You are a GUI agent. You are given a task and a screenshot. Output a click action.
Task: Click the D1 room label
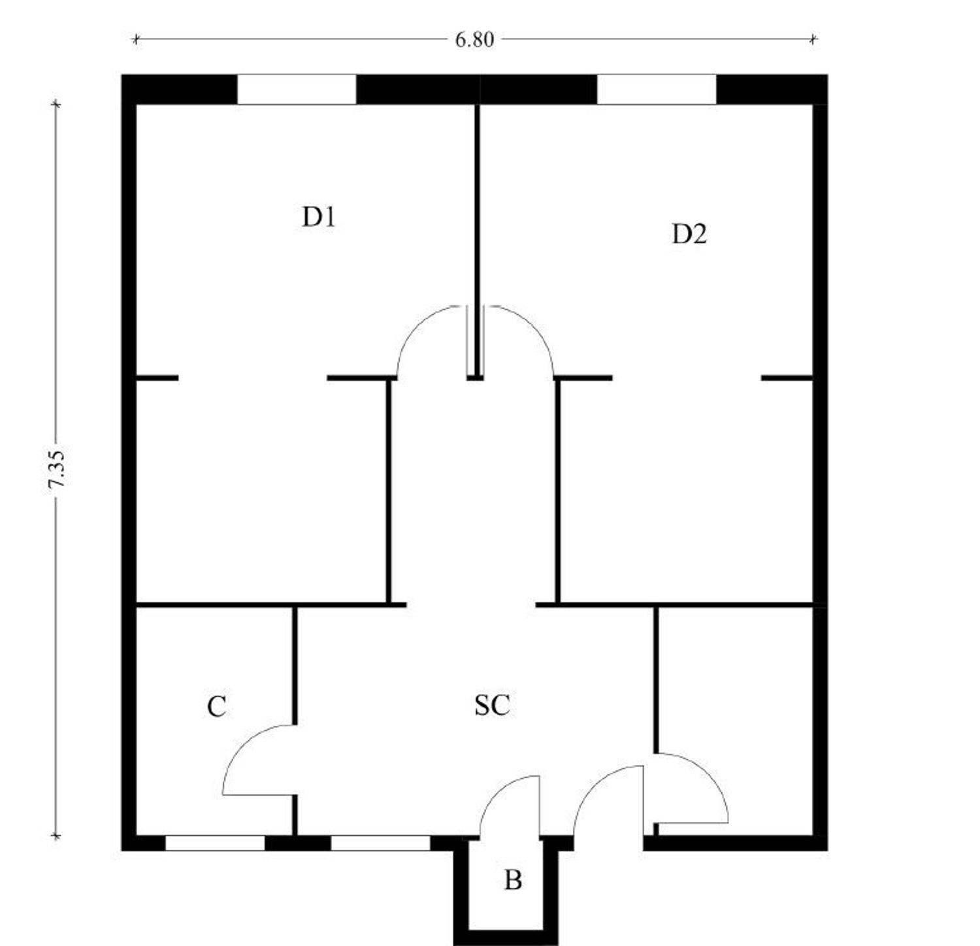point(319,217)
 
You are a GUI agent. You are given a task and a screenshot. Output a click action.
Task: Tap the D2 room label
point(689,233)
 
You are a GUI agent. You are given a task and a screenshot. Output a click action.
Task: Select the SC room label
point(492,705)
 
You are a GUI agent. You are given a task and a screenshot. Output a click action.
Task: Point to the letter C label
point(216,707)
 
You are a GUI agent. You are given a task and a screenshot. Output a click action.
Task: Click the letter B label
point(513,880)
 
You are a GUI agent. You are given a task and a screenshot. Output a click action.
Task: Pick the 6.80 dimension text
point(474,40)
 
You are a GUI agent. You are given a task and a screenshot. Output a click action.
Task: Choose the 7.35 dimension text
point(57,469)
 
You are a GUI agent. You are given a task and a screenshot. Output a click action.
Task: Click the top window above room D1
point(297,90)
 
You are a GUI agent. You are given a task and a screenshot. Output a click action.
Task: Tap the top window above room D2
point(657,90)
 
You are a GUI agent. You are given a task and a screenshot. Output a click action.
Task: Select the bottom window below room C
point(215,843)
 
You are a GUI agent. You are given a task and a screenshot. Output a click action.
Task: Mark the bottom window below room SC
point(380,843)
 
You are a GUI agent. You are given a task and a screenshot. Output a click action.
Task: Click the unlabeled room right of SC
point(735,719)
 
